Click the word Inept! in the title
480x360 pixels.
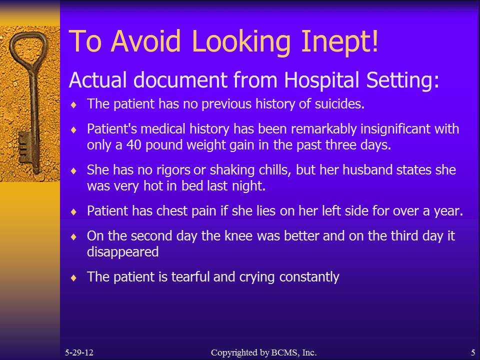[x=340, y=42]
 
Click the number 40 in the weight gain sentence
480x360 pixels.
[x=134, y=145]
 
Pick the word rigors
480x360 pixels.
[x=173, y=170]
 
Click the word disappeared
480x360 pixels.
[x=123, y=252]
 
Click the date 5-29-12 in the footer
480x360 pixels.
[x=79, y=352]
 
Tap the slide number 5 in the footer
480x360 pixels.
[x=473, y=352]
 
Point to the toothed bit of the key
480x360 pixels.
[x=25, y=147]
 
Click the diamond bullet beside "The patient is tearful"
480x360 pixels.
[x=73, y=277]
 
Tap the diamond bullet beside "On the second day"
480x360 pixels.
[x=73, y=236]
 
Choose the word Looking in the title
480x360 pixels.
[x=241, y=42]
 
